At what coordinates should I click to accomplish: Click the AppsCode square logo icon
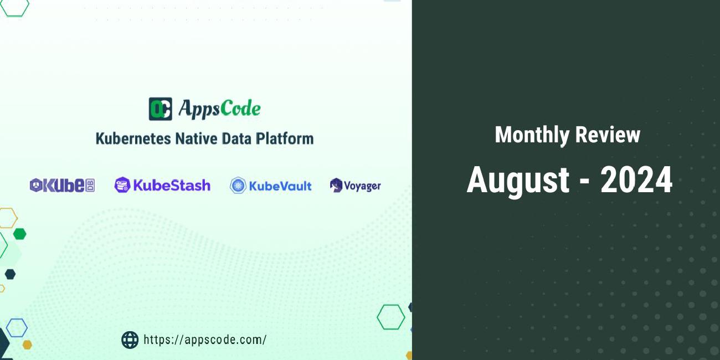(x=160, y=109)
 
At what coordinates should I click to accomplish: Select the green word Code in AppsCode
(x=240, y=109)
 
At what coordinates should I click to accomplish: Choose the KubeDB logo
(x=62, y=186)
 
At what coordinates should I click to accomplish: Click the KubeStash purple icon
(x=122, y=185)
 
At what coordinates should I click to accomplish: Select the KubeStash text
(x=171, y=185)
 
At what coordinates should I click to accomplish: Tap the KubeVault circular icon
(x=238, y=186)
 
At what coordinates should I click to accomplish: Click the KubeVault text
(x=280, y=186)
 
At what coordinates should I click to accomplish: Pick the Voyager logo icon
(x=336, y=186)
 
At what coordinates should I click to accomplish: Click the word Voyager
(x=362, y=186)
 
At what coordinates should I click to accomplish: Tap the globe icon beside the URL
(x=130, y=340)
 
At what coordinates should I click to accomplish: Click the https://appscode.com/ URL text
(x=205, y=340)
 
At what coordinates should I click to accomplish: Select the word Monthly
(x=532, y=135)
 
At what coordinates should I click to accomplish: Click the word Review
(x=608, y=135)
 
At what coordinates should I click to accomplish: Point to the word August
(x=518, y=180)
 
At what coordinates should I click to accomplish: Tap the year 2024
(x=636, y=180)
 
